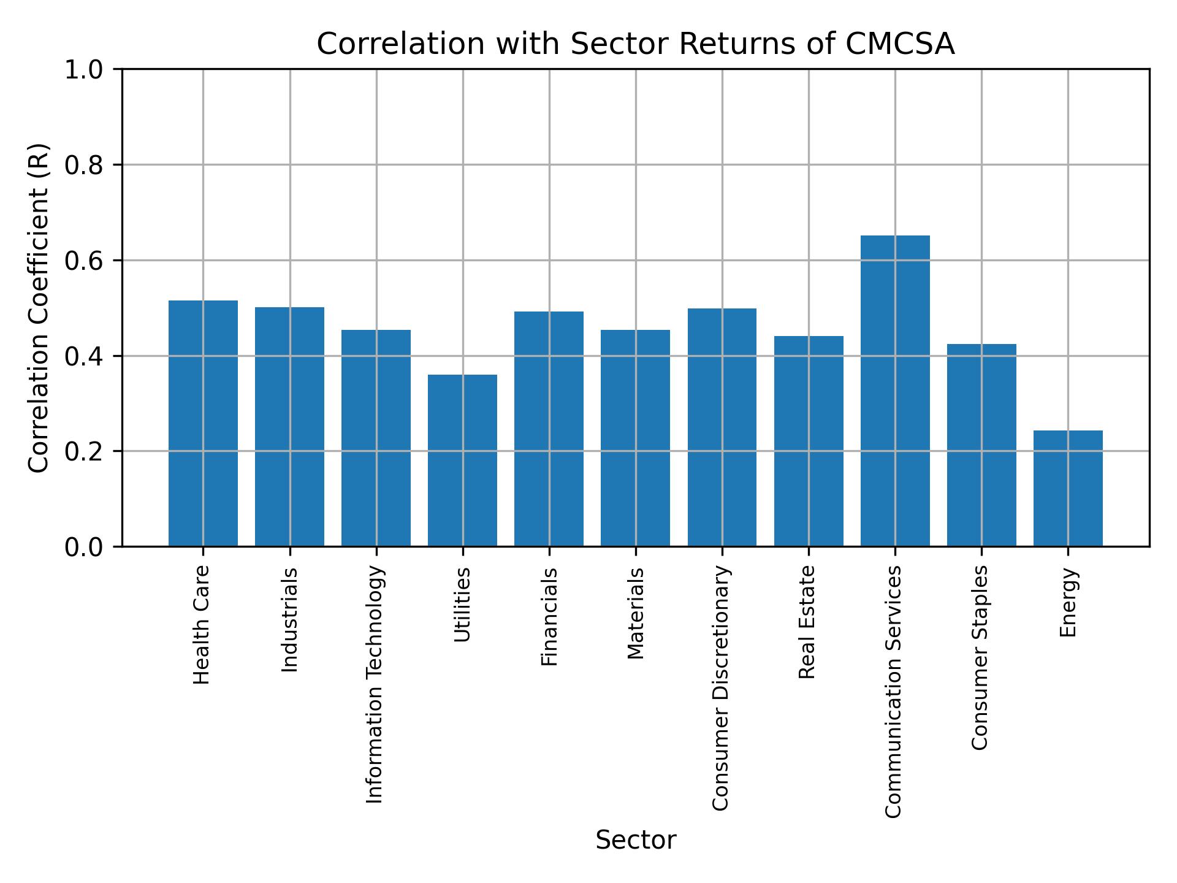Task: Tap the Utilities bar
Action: [462, 460]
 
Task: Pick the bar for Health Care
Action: [203, 423]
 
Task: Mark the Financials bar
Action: [549, 429]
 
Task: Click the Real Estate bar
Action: [809, 441]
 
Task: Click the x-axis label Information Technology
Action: [375, 684]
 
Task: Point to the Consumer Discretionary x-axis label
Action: [721, 688]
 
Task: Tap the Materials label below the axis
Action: [636, 613]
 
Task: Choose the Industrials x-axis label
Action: [289, 620]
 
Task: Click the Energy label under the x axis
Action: [1068, 602]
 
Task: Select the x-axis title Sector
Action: [636, 840]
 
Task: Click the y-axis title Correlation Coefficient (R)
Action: [38, 308]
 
